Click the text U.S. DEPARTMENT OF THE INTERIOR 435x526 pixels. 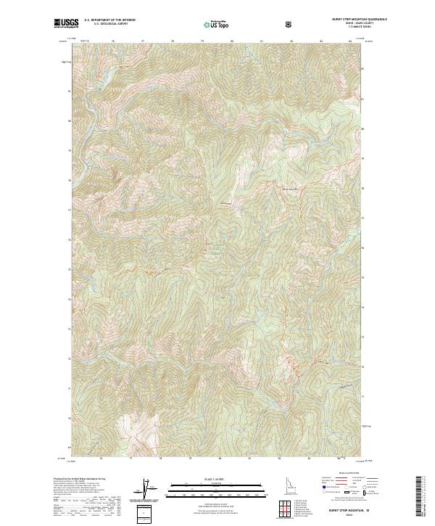pos(109,20)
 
